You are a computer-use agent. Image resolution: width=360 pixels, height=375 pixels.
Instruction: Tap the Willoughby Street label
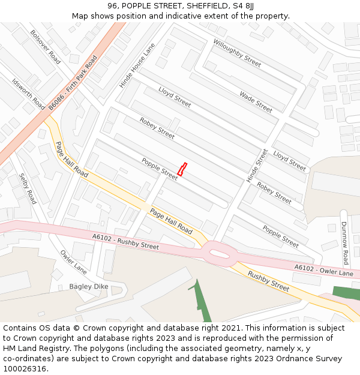pyautogui.click(x=237, y=53)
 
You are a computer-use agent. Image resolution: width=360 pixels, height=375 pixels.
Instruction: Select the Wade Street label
pyautogui.click(x=256, y=101)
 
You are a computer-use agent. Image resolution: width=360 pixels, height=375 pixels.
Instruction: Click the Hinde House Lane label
pyautogui.click(x=137, y=65)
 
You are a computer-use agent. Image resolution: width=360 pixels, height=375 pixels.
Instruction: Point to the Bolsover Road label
pyautogui.click(x=46, y=47)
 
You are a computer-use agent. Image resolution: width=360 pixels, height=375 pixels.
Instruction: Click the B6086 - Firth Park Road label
pyautogui.click(x=73, y=83)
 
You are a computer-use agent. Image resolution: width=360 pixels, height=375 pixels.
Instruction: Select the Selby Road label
pyautogui.click(x=28, y=189)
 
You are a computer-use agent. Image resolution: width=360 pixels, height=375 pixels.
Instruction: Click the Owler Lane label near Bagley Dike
pyautogui.click(x=73, y=262)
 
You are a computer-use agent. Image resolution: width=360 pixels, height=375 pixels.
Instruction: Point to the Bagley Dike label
pyautogui.click(x=88, y=287)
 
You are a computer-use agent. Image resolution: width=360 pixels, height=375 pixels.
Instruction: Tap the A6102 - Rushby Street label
pyautogui.click(x=125, y=242)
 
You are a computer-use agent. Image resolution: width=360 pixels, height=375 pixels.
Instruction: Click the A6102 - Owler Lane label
pyautogui.click(x=323, y=271)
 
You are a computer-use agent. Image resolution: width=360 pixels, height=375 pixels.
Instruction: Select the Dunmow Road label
pyautogui.click(x=345, y=243)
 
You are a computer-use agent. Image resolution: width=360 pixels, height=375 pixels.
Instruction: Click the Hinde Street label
pyautogui.click(x=257, y=166)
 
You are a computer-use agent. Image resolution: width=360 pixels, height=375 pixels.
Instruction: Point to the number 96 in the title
pyautogui.click(x=113, y=6)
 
